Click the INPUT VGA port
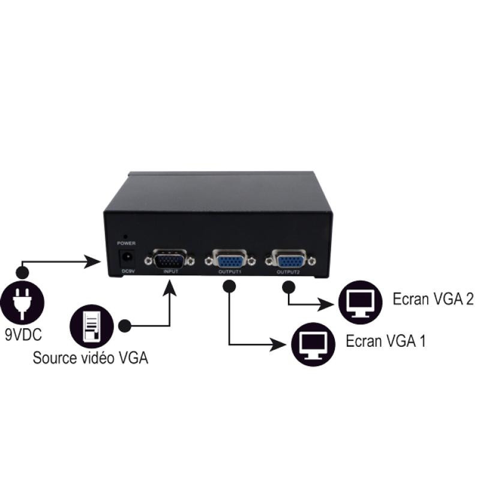coord(170,260)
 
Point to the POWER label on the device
coord(126,244)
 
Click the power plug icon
coord(22,301)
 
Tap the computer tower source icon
coord(91,325)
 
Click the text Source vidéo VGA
coord(90,358)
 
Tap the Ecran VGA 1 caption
coord(385,341)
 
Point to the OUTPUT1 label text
coord(229,272)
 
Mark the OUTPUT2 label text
coord(289,272)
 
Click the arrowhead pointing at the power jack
coord(94,262)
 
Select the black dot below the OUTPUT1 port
coord(228,287)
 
